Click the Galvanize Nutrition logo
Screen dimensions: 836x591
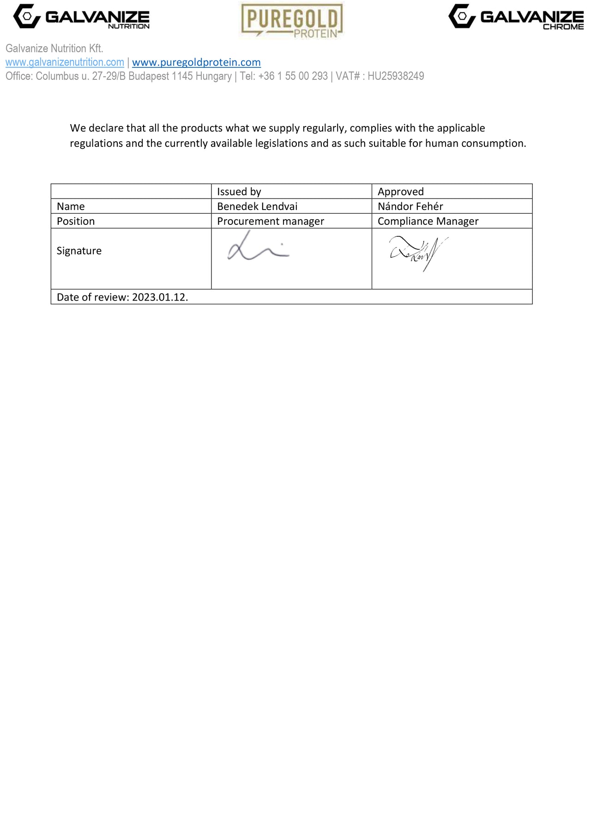[81, 17]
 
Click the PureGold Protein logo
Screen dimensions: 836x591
[292, 20]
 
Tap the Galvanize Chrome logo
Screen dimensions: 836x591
[516, 17]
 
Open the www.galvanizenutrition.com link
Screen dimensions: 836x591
[65, 62]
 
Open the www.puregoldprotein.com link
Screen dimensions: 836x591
[196, 62]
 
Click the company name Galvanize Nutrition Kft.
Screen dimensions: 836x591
[54, 48]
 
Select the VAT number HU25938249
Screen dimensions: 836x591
[396, 76]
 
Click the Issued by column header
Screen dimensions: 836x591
[239, 192]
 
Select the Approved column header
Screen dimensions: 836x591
[400, 192]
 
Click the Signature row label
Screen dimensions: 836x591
[79, 251]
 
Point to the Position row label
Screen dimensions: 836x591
[76, 221]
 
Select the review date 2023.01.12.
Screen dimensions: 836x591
[160, 297]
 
